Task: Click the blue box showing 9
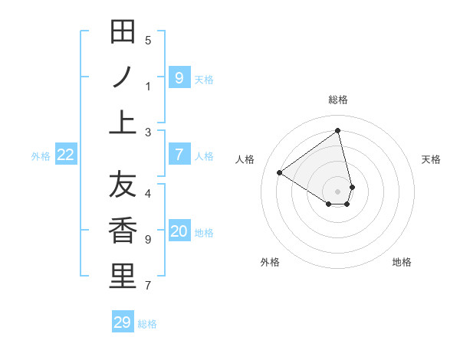pyautogui.click(x=179, y=77)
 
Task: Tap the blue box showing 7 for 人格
pyautogui.click(x=179, y=155)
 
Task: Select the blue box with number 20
pyautogui.click(x=179, y=232)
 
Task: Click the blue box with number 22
pyautogui.click(x=66, y=155)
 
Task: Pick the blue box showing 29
pyautogui.click(x=123, y=322)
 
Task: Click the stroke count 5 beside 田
pyautogui.click(x=148, y=40)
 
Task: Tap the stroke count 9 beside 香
pyautogui.click(x=148, y=240)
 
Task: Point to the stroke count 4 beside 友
pyautogui.click(x=148, y=193)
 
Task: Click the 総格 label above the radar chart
pyautogui.click(x=338, y=100)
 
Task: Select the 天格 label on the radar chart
pyautogui.click(x=431, y=159)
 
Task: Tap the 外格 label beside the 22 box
pyautogui.click(x=41, y=156)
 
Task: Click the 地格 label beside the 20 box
pyautogui.click(x=204, y=233)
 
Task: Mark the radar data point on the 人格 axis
pyautogui.click(x=280, y=172)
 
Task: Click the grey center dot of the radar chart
pyautogui.click(x=338, y=191)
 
